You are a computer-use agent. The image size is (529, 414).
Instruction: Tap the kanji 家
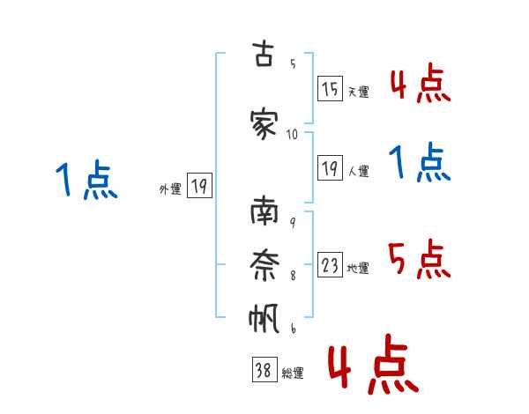(x=264, y=124)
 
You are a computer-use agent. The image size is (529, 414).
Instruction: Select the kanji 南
(x=264, y=211)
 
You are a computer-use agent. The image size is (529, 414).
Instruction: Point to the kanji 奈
(x=264, y=265)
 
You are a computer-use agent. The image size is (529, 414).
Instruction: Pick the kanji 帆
(x=264, y=318)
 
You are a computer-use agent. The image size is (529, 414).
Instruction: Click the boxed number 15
(x=331, y=89)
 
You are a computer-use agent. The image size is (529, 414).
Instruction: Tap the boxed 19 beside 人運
(x=331, y=168)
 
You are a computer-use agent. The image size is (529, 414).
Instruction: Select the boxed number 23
(x=331, y=264)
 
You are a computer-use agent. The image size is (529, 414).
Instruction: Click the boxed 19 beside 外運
(x=200, y=186)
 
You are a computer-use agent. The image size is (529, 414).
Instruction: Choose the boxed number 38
(x=264, y=369)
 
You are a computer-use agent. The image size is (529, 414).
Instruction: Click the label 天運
(x=359, y=92)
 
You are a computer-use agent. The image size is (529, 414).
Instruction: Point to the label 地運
(x=358, y=268)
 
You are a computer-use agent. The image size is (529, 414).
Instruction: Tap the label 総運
(x=293, y=373)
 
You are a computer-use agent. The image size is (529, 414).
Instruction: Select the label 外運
(x=170, y=189)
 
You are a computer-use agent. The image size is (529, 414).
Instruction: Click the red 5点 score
(x=420, y=259)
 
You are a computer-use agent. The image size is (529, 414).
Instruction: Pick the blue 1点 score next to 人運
(x=420, y=162)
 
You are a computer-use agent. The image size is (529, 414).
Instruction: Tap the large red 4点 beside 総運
(x=374, y=364)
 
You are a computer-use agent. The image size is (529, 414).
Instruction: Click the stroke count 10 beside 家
(x=292, y=135)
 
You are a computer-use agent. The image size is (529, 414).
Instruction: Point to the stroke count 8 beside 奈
(x=293, y=276)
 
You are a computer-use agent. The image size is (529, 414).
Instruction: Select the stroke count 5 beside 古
(x=293, y=63)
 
